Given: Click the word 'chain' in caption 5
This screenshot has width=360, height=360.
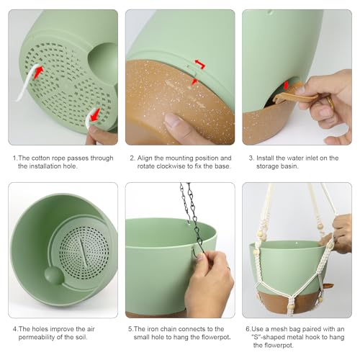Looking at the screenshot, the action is coord(168,329).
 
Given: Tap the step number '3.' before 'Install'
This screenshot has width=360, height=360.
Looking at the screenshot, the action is coord(251,158).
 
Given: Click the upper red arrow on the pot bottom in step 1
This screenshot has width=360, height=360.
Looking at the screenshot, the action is coord(38,72).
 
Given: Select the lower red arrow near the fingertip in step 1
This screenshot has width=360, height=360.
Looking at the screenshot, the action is coord(94,114).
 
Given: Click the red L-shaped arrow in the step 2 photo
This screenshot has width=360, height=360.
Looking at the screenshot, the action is coord(200,64).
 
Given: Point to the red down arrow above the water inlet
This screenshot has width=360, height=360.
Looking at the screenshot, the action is coord(286,85).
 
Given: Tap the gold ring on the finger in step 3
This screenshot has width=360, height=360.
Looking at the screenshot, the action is coord(330,102).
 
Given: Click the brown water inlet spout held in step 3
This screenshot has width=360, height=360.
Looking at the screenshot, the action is coord(296,96).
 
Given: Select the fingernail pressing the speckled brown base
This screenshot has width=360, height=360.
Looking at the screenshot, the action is coord(172,120).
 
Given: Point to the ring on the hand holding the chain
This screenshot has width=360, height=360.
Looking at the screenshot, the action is coord(228,268).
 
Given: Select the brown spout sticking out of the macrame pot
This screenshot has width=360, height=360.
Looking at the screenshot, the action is coord(328,286).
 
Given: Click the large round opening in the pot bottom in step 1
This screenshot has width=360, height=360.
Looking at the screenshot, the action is coord(103,63).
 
